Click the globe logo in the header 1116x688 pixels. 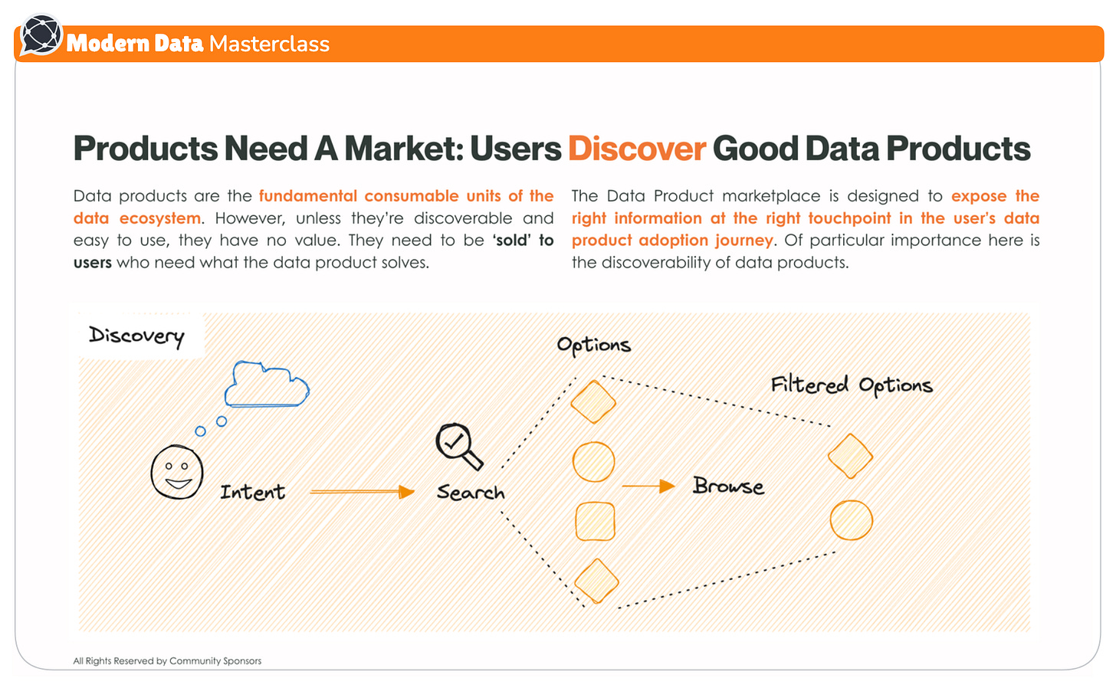41,35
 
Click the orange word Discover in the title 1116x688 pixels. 636,149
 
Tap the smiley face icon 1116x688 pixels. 177,472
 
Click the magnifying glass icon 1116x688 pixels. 458,445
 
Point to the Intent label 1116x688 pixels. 252,492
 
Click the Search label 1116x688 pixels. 471,493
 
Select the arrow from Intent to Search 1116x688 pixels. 362,492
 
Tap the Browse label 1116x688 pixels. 728,487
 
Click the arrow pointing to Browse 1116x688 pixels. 648,486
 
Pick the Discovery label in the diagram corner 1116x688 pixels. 136,336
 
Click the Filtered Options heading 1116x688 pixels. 852,385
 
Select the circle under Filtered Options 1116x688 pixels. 852,520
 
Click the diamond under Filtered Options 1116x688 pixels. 850,456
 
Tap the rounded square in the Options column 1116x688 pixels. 595,522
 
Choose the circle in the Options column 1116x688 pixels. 594,462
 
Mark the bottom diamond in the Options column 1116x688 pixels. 596,581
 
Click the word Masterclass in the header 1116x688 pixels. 269,44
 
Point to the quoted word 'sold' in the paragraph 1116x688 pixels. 511,241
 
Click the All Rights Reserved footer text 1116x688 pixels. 167,660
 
